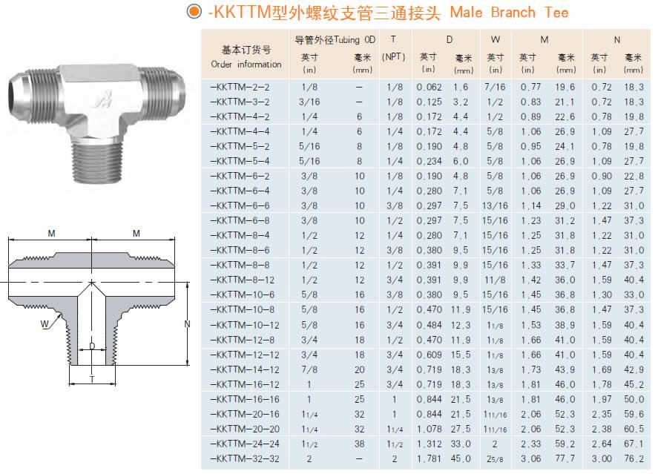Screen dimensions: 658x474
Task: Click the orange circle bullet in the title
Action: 194,11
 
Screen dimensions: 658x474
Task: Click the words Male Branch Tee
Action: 509,12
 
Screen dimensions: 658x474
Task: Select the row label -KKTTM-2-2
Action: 240,88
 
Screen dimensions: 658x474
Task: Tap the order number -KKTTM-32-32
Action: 245,459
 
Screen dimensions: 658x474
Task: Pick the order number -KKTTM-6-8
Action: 240,220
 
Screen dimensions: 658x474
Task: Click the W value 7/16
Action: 495,88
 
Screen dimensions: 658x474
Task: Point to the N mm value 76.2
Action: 634,459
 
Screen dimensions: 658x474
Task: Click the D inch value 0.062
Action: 429,88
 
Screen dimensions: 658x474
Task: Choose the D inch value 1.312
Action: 429,444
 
